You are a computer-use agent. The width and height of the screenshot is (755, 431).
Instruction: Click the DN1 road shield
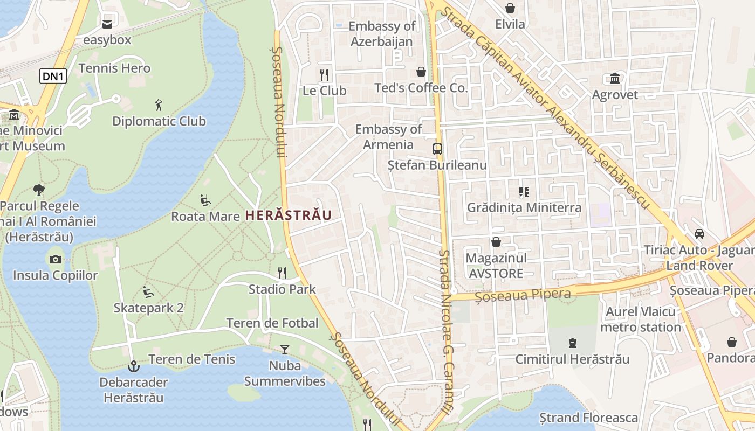pos(53,77)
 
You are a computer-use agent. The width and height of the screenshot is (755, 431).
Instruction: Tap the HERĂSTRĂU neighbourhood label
pos(288,215)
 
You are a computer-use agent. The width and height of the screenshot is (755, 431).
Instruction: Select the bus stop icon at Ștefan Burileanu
pos(437,149)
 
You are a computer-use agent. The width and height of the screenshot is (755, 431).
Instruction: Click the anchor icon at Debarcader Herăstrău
pos(133,367)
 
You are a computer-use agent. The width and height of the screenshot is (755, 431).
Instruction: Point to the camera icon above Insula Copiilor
pos(55,260)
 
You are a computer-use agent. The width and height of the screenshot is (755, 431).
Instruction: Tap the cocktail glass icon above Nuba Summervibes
pos(284,350)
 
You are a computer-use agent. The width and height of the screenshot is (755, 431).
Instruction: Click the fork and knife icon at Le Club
pos(324,74)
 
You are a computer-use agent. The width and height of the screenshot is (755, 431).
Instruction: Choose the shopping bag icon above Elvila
pos(510,8)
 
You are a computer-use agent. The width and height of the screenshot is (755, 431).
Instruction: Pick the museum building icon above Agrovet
pos(614,79)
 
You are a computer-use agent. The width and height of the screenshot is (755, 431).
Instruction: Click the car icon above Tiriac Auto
pos(699,234)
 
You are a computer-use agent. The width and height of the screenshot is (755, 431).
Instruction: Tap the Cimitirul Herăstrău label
pos(572,359)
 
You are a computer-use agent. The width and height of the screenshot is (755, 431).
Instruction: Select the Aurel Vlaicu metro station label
pos(640,319)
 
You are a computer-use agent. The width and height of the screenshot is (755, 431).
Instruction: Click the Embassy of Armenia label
pos(388,137)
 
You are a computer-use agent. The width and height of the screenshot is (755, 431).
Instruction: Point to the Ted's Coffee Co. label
pos(421,88)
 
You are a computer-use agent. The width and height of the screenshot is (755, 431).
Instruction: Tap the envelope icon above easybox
pos(107,24)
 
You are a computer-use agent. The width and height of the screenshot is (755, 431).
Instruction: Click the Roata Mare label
pos(205,216)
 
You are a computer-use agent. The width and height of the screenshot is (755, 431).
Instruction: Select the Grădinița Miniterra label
pos(524,207)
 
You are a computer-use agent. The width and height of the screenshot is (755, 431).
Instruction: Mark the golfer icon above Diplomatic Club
pos(158,105)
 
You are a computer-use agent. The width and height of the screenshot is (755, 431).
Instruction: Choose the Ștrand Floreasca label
pos(588,418)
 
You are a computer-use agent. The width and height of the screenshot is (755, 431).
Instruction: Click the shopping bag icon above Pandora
pos(732,342)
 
